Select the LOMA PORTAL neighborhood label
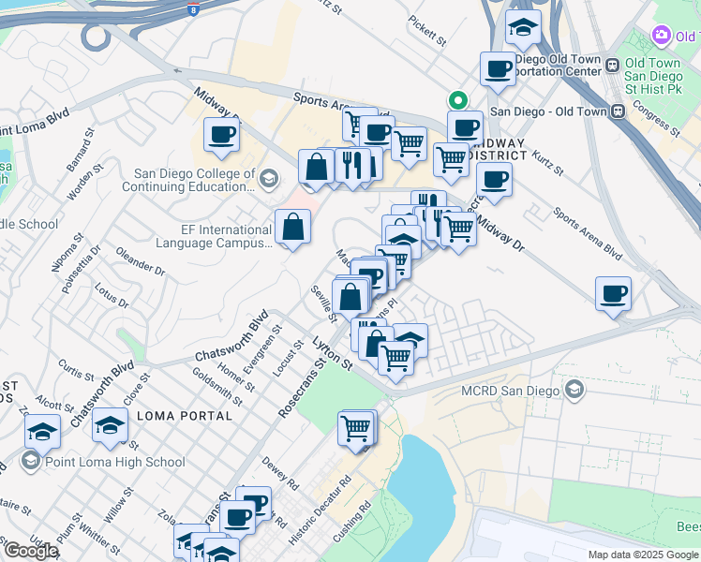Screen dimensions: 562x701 184,416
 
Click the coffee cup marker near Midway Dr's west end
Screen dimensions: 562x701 221,134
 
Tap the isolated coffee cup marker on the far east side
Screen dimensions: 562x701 614,294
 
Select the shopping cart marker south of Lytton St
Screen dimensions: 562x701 357,428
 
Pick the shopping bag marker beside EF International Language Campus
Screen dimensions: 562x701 293,227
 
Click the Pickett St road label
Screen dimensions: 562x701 427,30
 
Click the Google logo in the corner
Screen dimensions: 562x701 31,551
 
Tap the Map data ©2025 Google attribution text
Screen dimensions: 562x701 643,555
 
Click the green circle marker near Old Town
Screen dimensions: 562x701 457,99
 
